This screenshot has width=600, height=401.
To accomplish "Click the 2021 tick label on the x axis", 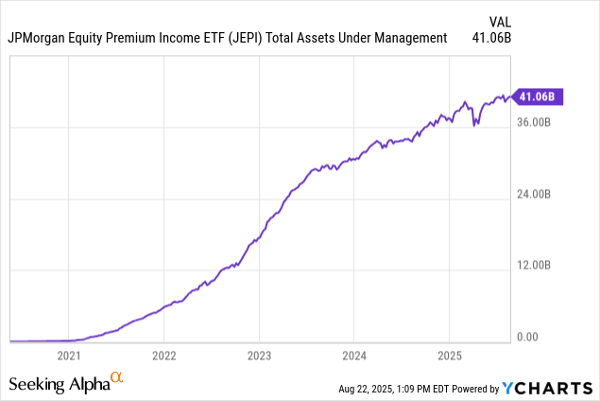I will [x=68, y=356].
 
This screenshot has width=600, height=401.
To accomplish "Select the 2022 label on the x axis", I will [x=163, y=356].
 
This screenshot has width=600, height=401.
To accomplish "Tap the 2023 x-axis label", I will [x=259, y=356].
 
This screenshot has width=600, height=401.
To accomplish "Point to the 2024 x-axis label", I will [x=353, y=356].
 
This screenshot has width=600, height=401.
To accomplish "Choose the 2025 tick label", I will [x=449, y=356].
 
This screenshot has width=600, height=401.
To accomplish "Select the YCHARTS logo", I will [x=548, y=388].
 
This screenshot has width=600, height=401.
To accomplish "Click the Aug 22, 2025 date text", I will [x=371, y=389].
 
